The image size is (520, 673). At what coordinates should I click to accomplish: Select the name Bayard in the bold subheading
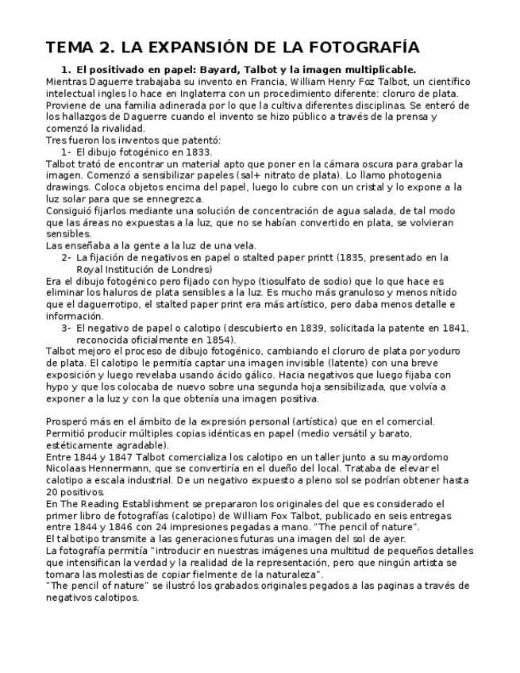pyautogui.click(x=236, y=70)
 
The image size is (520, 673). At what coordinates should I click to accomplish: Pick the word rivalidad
pyautogui.click(x=122, y=129)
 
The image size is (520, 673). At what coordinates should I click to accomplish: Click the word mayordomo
pyautogui.click(x=420, y=457)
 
